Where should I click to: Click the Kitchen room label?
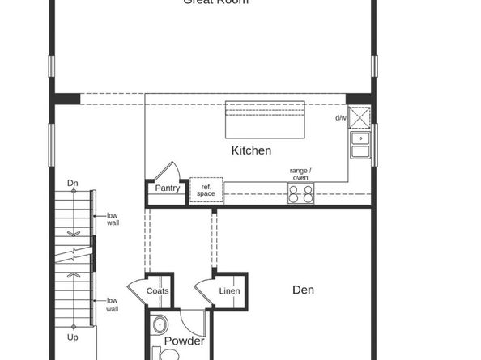(251, 150)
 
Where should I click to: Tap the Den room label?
(304, 290)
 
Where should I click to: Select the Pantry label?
(168, 188)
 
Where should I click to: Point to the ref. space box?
(206, 190)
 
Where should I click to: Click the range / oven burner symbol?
(301, 193)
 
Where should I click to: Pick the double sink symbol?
(360, 145)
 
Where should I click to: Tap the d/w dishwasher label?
(341, 118)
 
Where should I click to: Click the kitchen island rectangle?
(265, 121)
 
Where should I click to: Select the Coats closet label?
(158, 291)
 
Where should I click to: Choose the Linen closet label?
(229, 291)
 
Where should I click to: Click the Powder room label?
(184, 341)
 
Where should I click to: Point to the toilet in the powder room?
(160, 326)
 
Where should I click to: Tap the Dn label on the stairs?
(72, 183)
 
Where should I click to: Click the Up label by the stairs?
(73, 337)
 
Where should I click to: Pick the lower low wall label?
(113, 304)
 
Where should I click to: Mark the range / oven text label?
(300, 173)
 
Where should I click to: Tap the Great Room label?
(215, 2)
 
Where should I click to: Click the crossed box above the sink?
(360, 117)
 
